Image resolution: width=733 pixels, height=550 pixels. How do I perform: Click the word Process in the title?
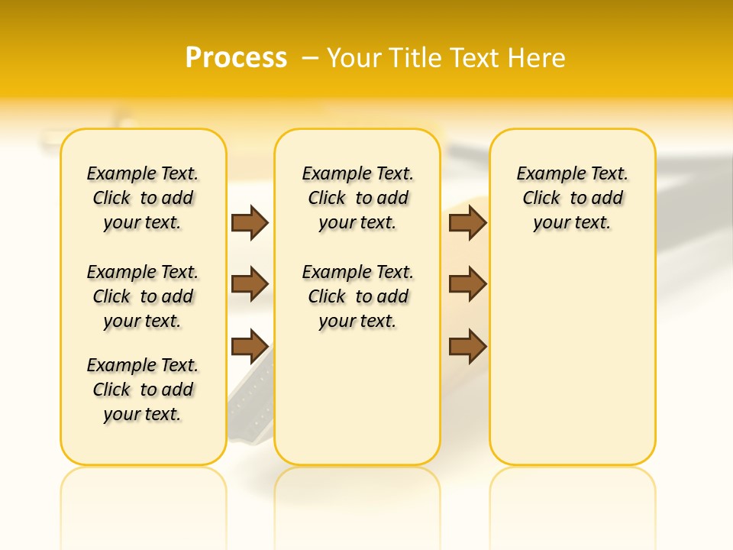tap(236, 58)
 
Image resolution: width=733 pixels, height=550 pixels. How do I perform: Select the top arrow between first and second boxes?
tap(250, 223)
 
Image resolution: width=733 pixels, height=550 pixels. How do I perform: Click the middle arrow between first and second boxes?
tap(250, 284)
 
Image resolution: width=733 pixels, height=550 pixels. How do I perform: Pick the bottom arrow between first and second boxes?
tap(250, 346)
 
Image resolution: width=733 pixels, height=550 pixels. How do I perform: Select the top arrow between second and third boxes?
tap(467, 223)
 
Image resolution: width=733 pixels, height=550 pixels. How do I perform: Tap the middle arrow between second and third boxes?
tap(467, 284)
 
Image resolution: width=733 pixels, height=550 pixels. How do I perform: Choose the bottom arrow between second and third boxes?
tap(467, 346)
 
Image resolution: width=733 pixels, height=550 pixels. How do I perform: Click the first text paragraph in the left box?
tap(143, 198)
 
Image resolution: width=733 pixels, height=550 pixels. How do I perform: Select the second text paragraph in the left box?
tap(143, 296)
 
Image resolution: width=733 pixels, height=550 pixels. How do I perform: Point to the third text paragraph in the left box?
tap(143, 390)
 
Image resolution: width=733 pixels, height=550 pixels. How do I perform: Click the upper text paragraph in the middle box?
tap(357, 198)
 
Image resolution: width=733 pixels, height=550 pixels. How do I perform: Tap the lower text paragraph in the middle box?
tap(357, 296)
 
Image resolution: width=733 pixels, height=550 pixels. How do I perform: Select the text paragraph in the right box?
tap(573, 198)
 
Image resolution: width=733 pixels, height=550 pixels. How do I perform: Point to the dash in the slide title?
tap(310, 58)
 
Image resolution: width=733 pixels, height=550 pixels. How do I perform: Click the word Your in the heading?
tap(354, 58)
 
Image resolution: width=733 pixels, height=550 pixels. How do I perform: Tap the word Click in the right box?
tap(541, 199)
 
